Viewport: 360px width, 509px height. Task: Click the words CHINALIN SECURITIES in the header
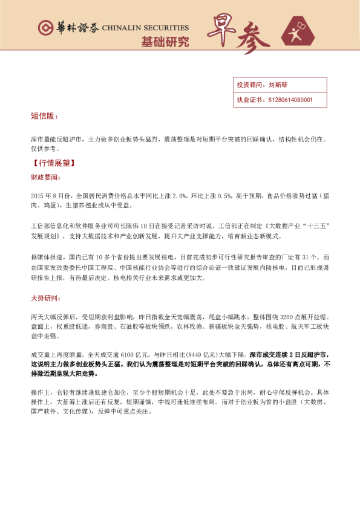coord(145,28)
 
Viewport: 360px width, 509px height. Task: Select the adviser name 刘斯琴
coord(279,85)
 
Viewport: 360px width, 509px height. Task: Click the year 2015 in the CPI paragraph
coord(38,196)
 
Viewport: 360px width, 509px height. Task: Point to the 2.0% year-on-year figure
coord(179,196)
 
